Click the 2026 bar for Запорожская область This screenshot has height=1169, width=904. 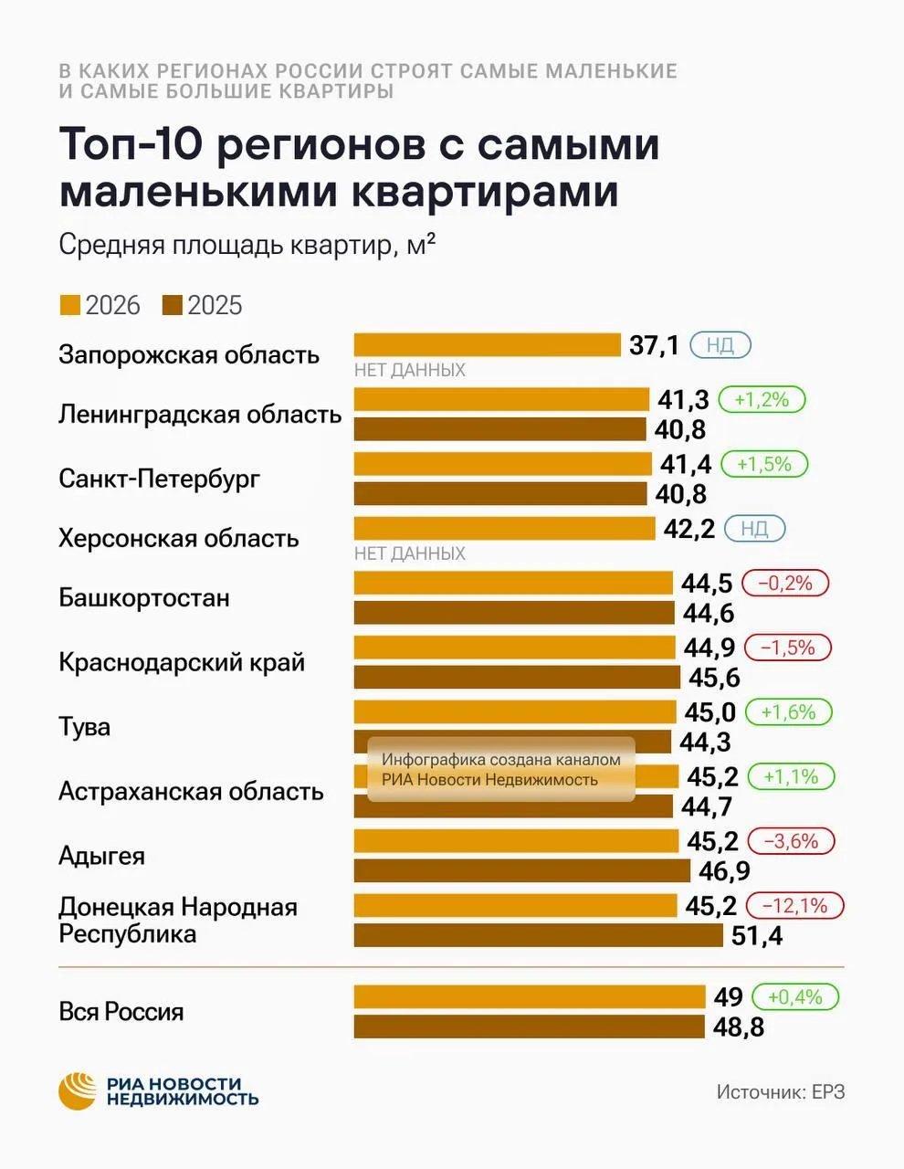click(488, 345)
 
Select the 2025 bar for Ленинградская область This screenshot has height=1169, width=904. click(500, 429)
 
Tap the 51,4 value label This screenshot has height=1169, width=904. click(757, 936)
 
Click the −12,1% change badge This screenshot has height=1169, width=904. click(794, 906)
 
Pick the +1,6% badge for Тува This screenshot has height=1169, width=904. click(788, 712)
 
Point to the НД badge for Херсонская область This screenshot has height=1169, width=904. click(754, 529)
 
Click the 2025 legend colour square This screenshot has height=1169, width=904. click(172, 305)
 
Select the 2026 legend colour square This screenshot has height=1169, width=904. click(70, 305)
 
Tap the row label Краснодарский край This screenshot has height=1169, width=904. click(182, 662)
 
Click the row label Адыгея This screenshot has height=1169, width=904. click(101, 857)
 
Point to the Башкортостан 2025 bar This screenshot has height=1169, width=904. click(514, 613)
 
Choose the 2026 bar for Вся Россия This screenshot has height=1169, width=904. click(530, 997)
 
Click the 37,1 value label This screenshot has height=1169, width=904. click(654, 345)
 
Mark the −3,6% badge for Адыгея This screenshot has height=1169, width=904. click(791, 841)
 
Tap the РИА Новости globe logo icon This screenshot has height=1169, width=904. click(78, 1091)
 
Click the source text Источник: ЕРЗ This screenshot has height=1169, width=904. click(781, 1092)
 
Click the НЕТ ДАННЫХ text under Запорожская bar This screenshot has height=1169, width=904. click(410, 370)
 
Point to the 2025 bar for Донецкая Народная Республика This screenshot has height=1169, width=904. click(539, 935)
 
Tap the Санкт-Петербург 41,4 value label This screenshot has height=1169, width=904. click(686, 464)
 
